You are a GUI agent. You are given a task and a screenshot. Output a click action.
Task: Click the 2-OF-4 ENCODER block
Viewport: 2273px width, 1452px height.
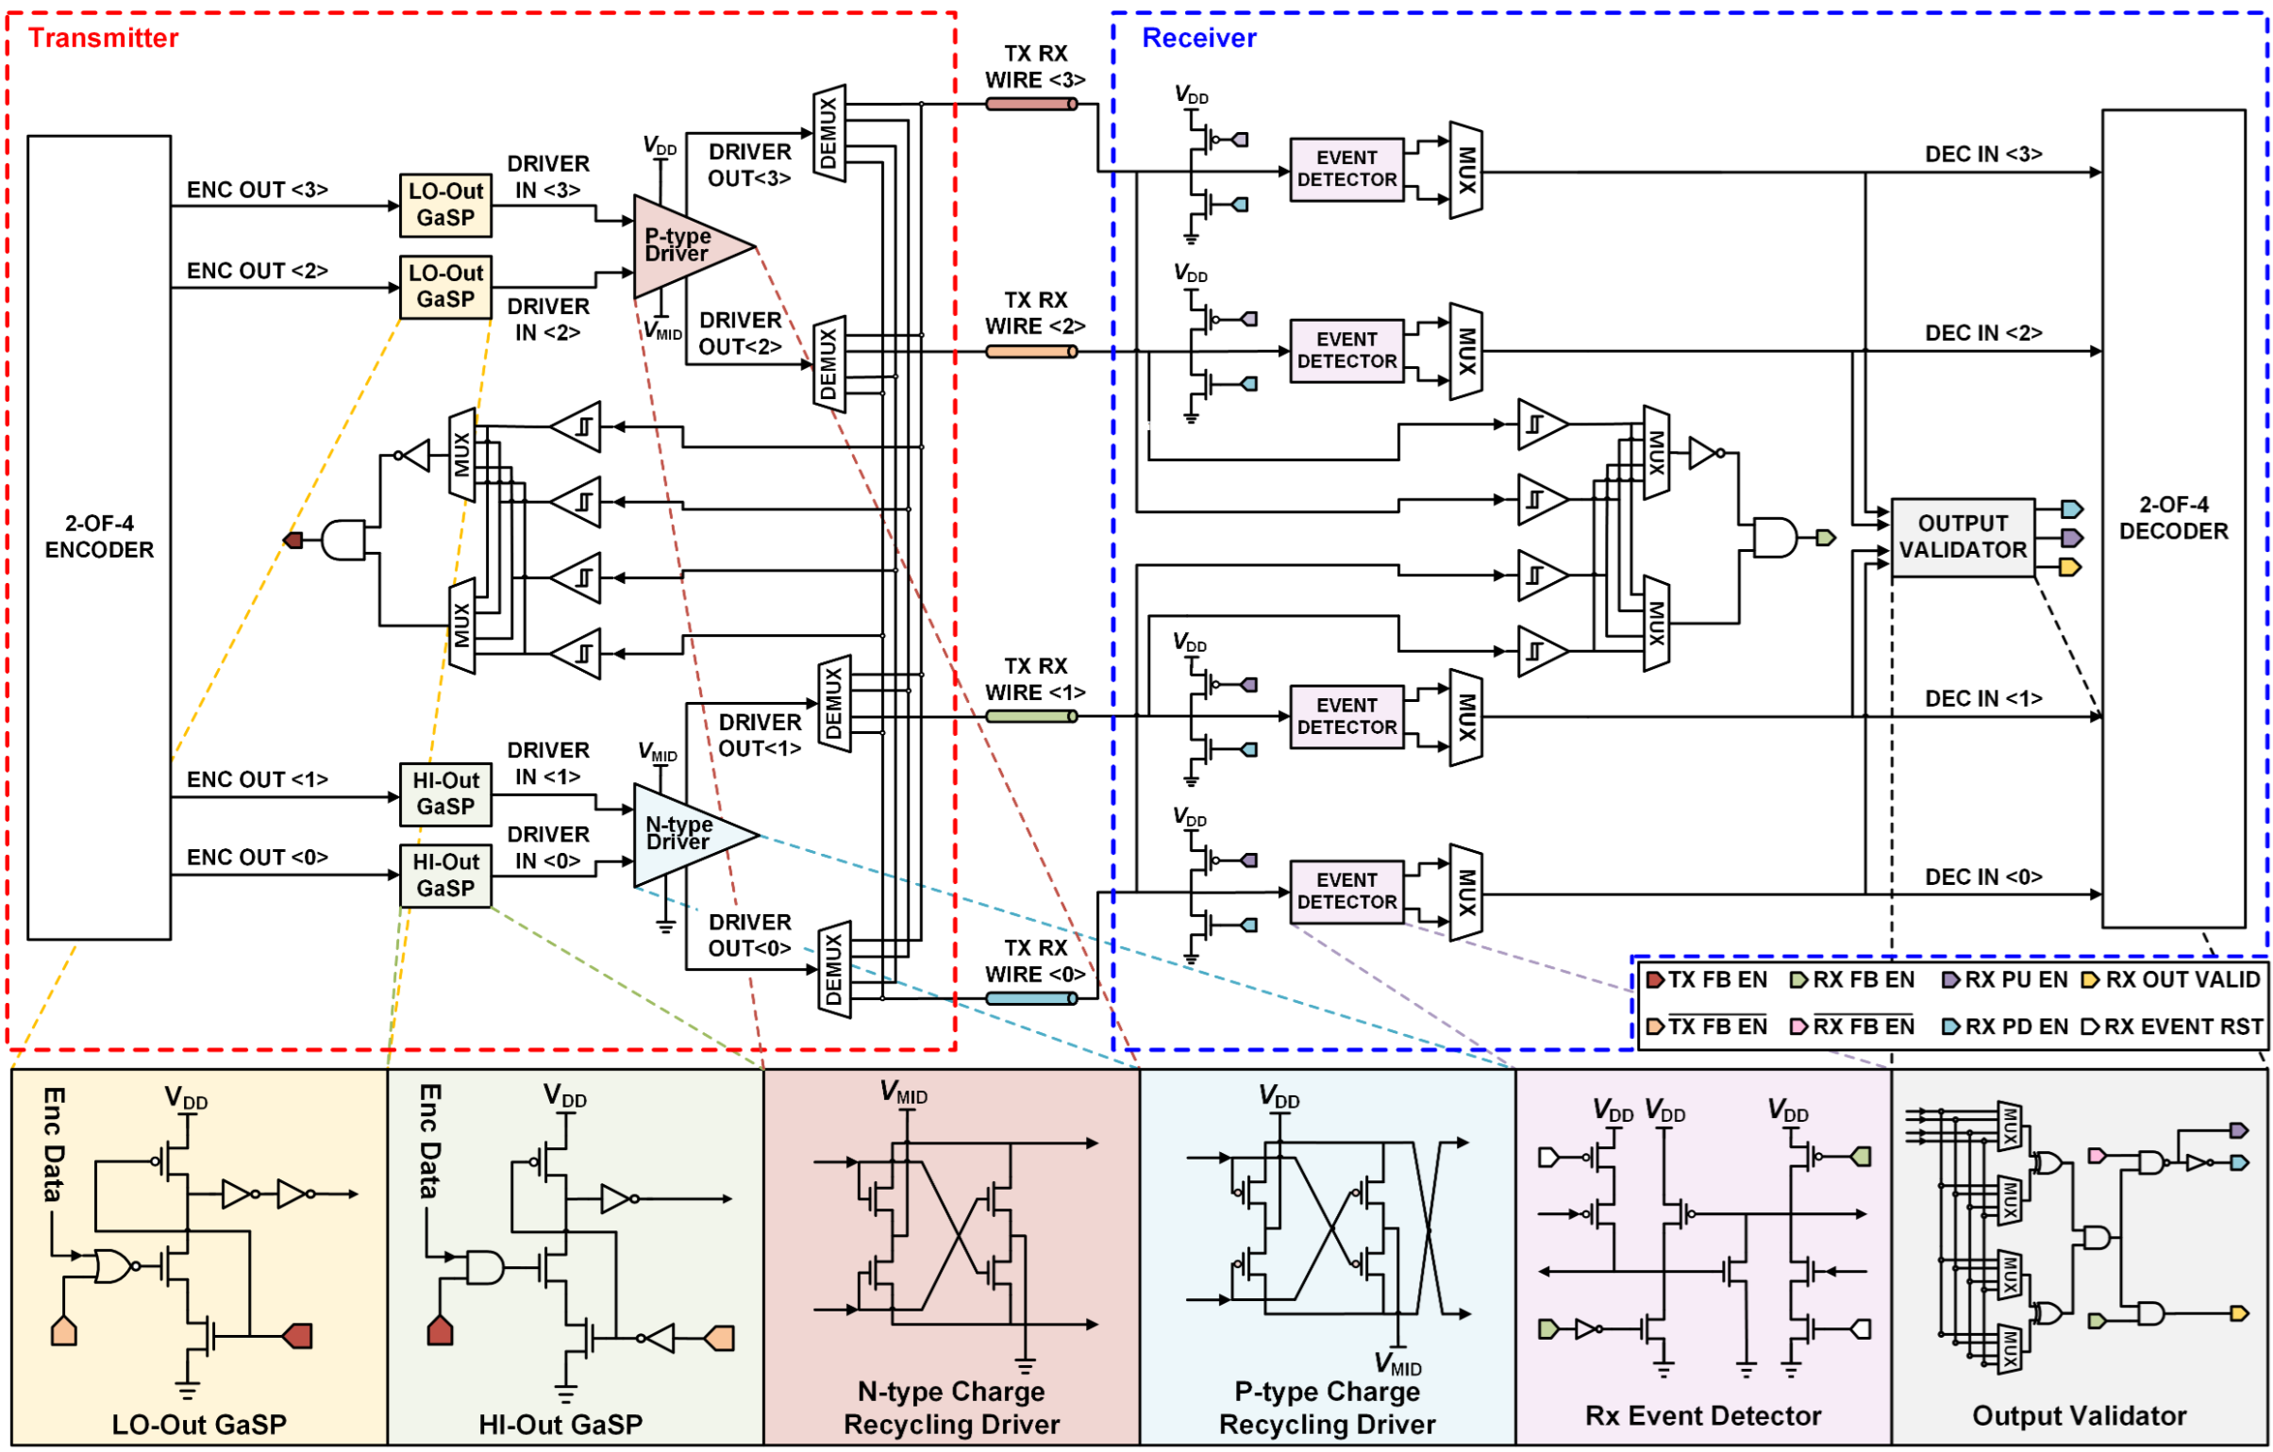99,536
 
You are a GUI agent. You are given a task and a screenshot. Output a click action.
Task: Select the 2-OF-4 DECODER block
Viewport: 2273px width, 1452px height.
2173,517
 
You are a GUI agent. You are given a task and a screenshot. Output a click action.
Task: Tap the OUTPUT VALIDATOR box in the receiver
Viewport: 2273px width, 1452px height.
1963,536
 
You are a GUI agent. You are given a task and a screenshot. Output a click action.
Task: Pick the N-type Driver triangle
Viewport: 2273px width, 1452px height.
690,834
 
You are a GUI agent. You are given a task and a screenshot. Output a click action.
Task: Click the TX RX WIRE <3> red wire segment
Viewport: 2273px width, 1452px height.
1030,103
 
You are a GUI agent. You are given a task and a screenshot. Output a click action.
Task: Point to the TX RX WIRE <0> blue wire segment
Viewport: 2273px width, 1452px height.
1030,998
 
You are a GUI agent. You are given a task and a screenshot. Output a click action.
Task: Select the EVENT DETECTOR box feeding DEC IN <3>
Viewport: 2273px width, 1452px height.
1346,169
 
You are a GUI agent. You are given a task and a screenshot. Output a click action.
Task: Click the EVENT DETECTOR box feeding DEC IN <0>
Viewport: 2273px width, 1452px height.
1346,891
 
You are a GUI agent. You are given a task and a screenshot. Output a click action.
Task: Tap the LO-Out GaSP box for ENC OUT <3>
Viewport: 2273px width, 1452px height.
445,204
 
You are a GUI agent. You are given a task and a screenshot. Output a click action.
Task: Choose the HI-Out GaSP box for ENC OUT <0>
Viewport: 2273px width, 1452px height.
445,876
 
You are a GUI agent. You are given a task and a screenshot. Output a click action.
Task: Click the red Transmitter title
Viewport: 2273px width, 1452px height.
103,38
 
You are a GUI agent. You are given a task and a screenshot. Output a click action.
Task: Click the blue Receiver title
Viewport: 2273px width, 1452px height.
1199,38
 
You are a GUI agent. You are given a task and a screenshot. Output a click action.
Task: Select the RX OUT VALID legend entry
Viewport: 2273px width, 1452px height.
2173,980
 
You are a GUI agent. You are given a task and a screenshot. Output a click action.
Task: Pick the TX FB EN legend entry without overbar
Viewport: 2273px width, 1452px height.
1708,980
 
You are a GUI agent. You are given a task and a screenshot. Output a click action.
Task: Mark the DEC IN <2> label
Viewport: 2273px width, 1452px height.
1983,332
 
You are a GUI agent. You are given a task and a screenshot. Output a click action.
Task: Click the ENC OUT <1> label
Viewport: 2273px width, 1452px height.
257,779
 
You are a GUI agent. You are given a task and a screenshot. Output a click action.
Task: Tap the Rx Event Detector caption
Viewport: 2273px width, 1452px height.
1703,1415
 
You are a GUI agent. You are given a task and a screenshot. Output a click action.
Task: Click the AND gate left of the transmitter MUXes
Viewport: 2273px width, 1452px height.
343,540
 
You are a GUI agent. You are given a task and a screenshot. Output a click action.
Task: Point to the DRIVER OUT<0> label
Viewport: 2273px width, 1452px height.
749,935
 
